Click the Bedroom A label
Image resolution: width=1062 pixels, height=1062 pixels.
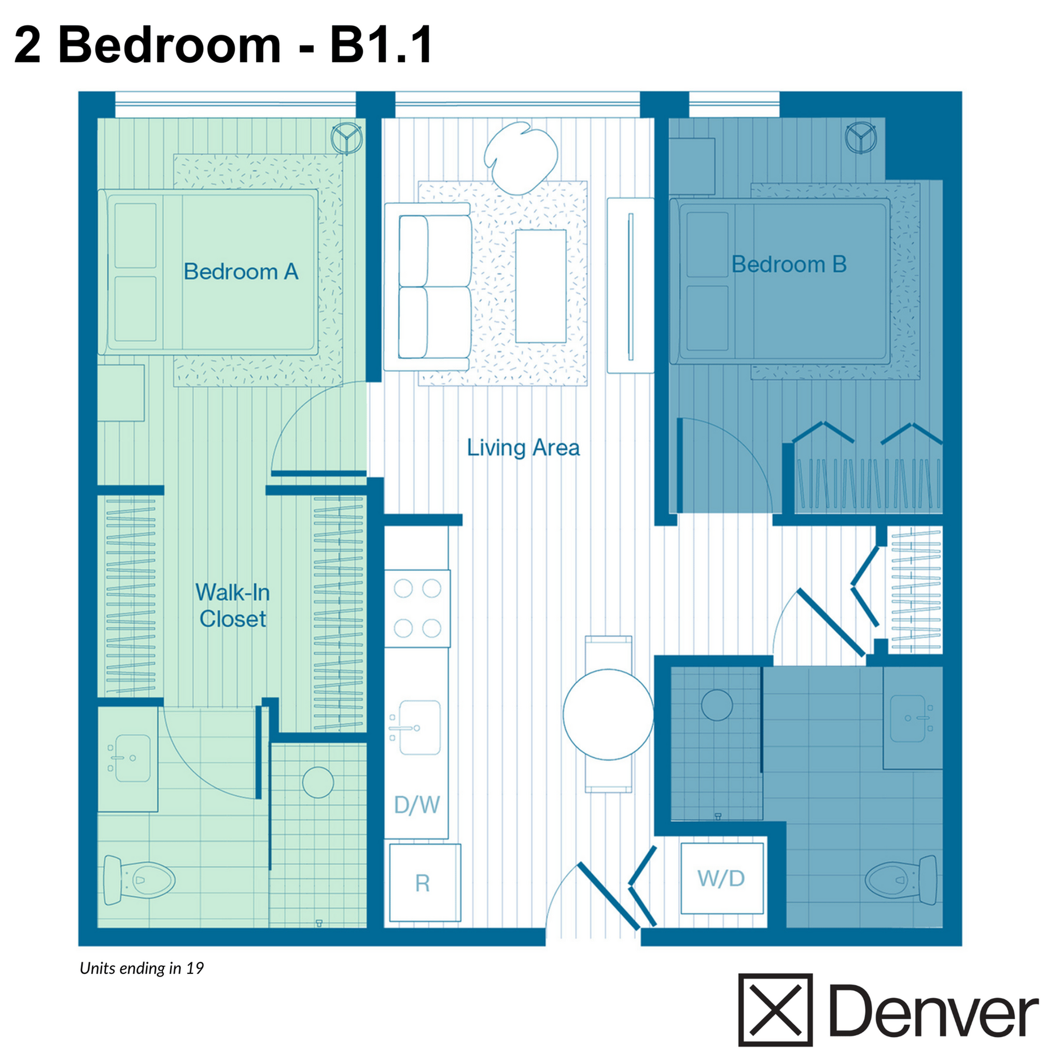(x=241, y=272)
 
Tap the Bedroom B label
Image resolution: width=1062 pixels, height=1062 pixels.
(x=788, y=264)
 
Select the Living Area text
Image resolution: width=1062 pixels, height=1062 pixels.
(x=523, y=448)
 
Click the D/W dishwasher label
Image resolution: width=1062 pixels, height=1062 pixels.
(x=417, y=805)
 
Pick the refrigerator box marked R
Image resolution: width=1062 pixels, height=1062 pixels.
(x=424, y=883)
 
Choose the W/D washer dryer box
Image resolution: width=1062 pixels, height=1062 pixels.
(x=722, y=878)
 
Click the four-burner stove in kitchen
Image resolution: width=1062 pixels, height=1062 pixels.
(x=417, y=608)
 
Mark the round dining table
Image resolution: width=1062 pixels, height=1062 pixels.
(x=608, y=715)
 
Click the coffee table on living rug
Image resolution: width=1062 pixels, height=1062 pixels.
(x=540, y=286)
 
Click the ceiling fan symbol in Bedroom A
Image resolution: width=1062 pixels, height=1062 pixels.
(x=346, y=137)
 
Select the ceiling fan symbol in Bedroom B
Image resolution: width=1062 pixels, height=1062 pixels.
(x=861, y=137)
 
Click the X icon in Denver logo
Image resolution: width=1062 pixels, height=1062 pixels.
(x=775, y=1010)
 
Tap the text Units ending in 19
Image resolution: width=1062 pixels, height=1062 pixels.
(x=142, y=968)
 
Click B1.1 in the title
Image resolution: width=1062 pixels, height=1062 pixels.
(x=381, y=45)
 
